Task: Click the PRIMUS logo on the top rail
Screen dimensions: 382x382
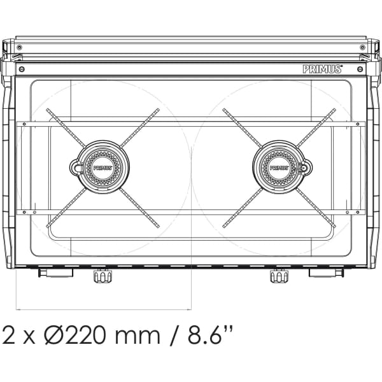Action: pos(323,69)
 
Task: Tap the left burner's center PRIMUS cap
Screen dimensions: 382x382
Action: pos(103,167)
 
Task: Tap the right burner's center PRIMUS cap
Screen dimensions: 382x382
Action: pos(279,167)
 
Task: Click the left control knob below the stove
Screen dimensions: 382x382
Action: pos(103,276)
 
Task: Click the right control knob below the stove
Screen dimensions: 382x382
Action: pos(279,276)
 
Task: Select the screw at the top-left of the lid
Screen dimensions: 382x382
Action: pos(20,47)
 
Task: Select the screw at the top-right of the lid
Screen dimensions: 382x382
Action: pos(362,47)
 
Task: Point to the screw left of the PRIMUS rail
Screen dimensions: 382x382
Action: pos(22,69)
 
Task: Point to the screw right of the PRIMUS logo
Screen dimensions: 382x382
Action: pos(360,69)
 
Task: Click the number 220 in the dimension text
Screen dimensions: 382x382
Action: pos(83,336)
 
